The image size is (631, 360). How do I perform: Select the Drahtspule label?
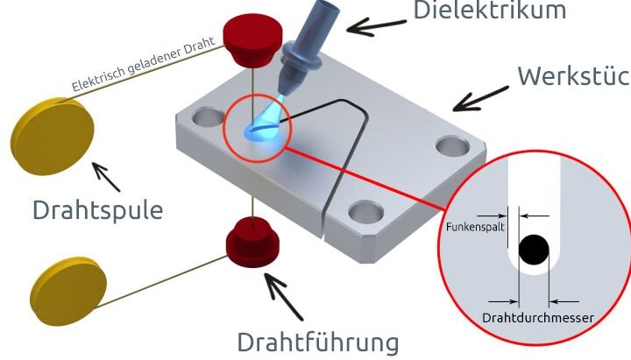tap(97, 210)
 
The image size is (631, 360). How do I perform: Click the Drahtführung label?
tap(318, 341)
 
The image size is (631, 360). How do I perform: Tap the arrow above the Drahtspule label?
tap(105, 176)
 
